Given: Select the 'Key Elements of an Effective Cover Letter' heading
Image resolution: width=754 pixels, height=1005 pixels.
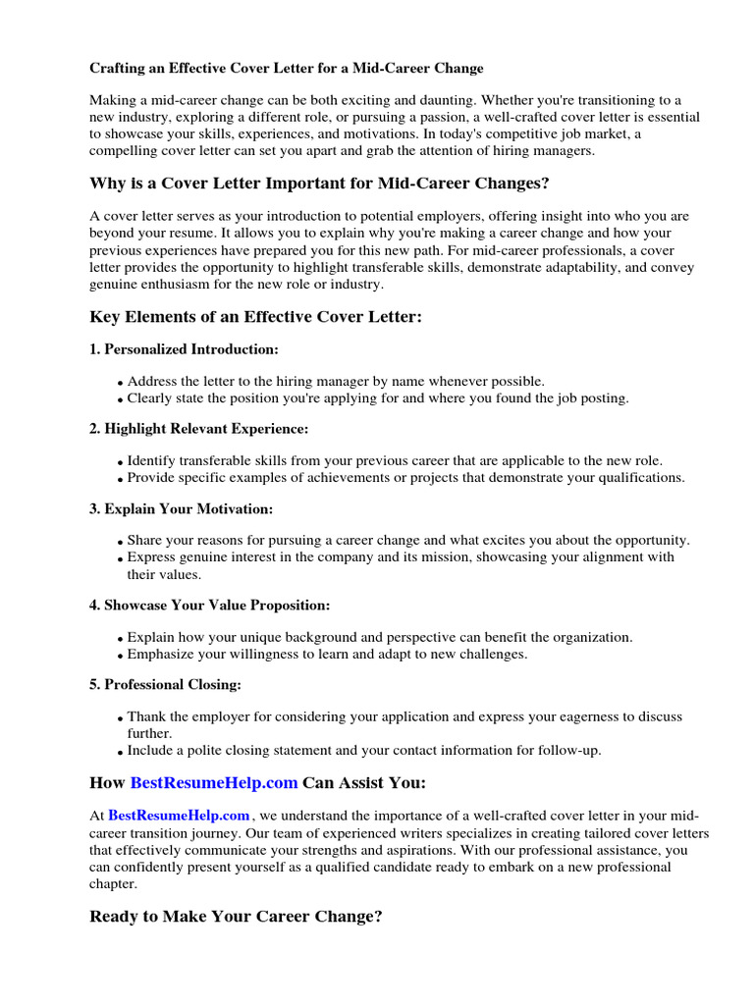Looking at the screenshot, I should click(x=255, y=316).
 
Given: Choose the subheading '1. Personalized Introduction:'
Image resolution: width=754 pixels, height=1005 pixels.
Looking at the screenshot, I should click(x=184, y=348).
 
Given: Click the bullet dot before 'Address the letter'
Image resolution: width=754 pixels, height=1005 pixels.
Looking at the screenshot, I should click(x=120, y=383).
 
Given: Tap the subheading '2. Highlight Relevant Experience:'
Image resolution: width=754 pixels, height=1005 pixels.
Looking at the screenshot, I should click(x=199, y=429).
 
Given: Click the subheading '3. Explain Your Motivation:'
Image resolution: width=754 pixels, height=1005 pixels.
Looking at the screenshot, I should click(x=181, y=509).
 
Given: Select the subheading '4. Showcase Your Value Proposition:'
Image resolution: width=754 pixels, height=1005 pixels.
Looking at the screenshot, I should click(x=209, y=605).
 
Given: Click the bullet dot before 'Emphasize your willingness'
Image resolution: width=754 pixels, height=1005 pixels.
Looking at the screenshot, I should click(x=120, y=656).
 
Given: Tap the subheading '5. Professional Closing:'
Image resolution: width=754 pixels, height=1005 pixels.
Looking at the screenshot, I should click(x=165, y=684).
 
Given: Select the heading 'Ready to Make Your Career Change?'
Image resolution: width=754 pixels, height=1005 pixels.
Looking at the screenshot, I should click(x=236, y=917).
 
